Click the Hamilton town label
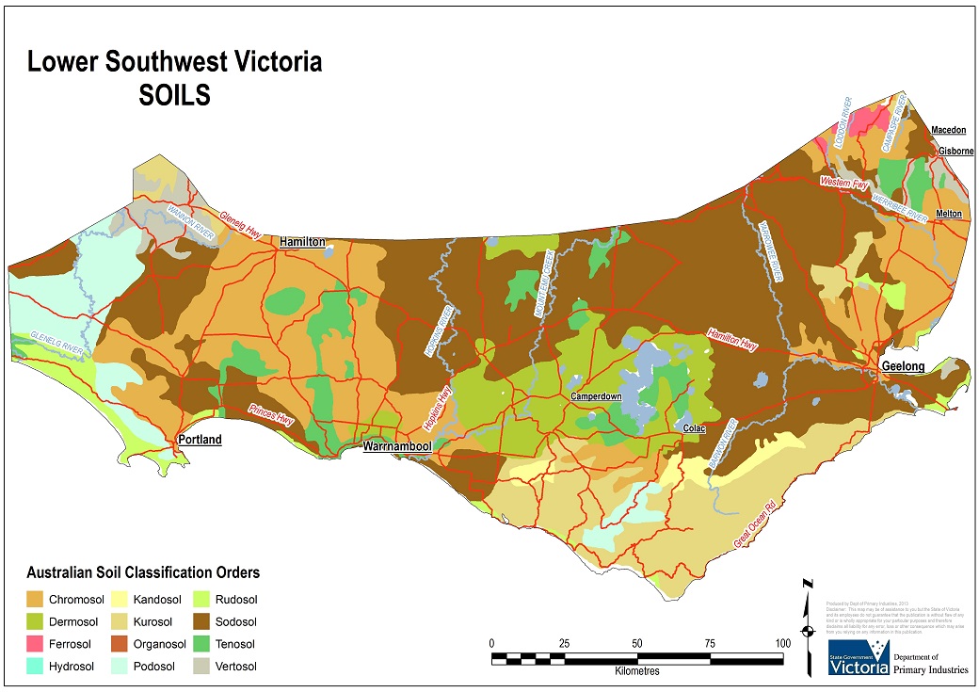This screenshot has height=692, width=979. click(302, 242)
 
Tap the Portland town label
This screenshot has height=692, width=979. click(200, 440)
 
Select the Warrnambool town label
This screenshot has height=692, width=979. click(397, 446)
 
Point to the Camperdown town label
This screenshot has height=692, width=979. click(596, 397)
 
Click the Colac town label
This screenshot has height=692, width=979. click(695, 428)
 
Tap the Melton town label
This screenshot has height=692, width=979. click(949, 214)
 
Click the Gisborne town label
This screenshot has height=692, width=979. click(955, 151)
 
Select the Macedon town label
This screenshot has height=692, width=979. click(948, 130)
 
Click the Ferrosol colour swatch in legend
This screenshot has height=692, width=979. click(35, 645)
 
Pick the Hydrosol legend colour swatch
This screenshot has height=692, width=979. click(35, 667)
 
